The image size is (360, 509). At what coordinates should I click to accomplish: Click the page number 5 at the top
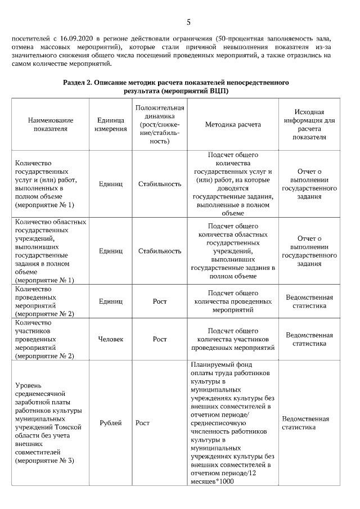tap(188, 22)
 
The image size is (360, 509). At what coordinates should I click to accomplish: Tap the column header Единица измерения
tap(110, 124)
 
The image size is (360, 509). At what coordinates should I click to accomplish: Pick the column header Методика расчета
tap(233, 124)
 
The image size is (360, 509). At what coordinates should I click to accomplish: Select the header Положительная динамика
tap(160, 124)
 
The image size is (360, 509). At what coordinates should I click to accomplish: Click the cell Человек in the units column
tap(110, 339)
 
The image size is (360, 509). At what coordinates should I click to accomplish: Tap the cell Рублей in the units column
tap(110, 423)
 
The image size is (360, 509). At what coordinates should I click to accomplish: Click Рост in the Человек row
tap(160, 339)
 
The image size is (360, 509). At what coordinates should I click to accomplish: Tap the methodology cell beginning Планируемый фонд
tap(232, 423)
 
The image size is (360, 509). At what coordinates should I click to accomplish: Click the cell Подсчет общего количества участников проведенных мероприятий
tap(233, 339)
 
